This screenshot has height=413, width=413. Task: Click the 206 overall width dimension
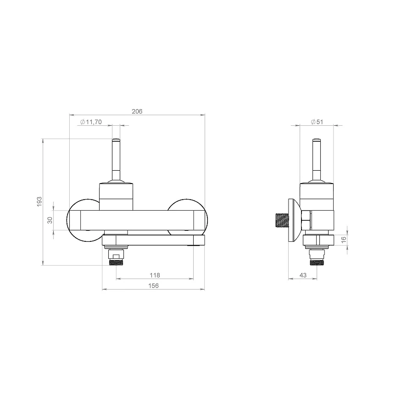pos(137,112)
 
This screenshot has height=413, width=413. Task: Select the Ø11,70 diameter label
pos(91,122)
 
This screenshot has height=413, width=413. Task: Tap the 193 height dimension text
pos(39,201)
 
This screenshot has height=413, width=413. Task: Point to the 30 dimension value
pos(50,220)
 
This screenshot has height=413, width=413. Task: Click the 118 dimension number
pos(155,275)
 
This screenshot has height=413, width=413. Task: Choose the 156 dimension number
pos(153,286)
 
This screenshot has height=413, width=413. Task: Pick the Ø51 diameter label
pos(317,122)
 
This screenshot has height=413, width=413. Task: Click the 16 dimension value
pos(344,240)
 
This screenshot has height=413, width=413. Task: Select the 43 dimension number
pos(303,275)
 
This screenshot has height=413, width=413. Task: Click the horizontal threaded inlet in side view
pos(282,220)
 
